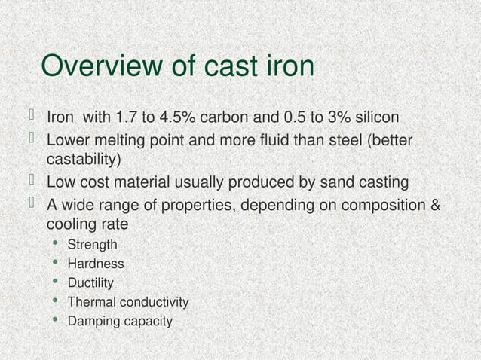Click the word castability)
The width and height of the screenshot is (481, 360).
(x=84, y=160)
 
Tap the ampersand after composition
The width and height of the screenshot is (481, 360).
(x=435, y=205)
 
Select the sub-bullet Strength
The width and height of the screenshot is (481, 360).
(x=92, y=244)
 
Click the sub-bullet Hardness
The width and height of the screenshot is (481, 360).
(x=96, y=264)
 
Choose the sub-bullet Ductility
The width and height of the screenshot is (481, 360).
(x=90, y=283)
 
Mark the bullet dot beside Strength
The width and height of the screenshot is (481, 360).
(x=55, y=243)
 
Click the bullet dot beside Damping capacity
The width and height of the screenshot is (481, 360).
(x=55, y=321)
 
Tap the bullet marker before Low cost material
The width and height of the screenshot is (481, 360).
(x=32, y=181)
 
